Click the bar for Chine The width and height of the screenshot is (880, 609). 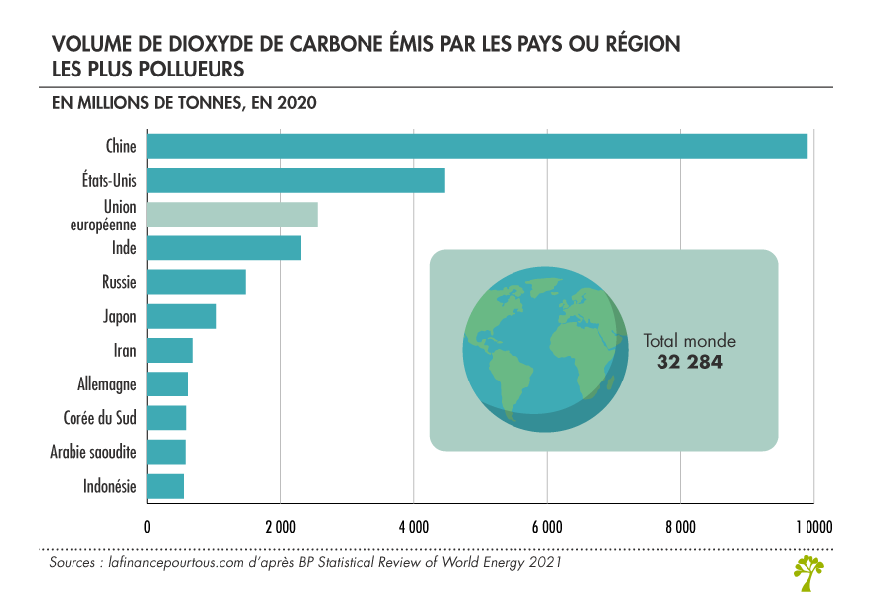[x=477, y=146]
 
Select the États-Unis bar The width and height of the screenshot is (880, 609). [x=296, y=180]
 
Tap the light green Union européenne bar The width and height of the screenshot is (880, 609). [x=232, y=215]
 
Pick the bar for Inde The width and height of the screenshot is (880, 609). [x=223, y=248]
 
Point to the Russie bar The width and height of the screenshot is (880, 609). [x=197, y=282]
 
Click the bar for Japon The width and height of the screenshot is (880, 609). [x=182, y=316]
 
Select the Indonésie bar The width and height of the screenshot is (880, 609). [x=165, y=486]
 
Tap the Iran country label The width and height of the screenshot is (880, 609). [x=125, y=351]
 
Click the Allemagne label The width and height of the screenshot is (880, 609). [x=107, y=384]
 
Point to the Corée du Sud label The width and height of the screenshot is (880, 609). [x=100, y=418]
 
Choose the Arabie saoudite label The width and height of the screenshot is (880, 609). [x=93, y=452]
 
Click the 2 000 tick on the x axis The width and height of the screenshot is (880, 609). [x=281, y=527]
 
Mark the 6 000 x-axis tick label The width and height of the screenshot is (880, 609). [x=547, y=527]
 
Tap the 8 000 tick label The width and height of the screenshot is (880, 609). [x=680, y=527]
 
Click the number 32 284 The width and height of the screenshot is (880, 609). [x=689, y=362]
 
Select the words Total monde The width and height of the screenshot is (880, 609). [x=689, y=341]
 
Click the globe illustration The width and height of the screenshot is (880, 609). [x=545, y=350]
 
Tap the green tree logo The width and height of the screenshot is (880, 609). [x=808, y=573]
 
